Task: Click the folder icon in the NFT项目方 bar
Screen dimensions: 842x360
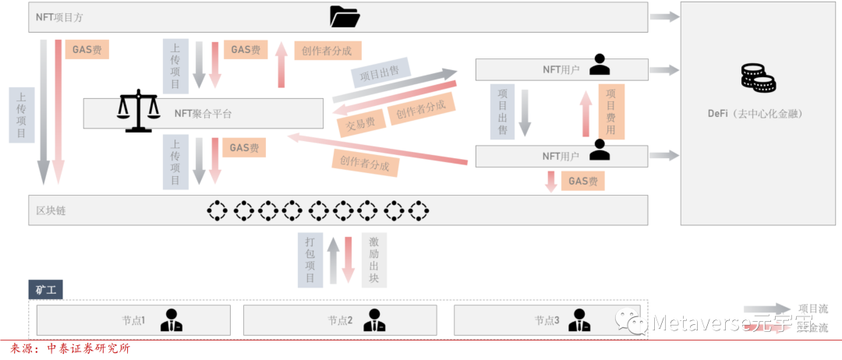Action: click(x=344, y=16)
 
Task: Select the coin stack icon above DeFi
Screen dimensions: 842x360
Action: click(x=757, y=79)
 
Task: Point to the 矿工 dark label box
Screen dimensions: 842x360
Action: click(x=46, y=291)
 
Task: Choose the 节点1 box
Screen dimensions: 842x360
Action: click(x=133, y=320)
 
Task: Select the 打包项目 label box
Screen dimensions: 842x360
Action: click(x=310, y=259)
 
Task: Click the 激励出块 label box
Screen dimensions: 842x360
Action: click(x=373, y=259)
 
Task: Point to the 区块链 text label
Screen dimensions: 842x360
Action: click(x=51, y=210)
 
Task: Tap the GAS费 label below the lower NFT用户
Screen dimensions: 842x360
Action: click(x=583, y=182)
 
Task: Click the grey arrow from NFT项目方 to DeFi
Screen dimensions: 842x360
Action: click(x=664, y=16)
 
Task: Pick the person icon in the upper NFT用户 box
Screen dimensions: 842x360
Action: click(x=600, y=65)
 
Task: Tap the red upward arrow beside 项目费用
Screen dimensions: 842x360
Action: click(x=586, y=113)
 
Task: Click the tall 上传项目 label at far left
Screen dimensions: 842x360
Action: click(x=22, y=115)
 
